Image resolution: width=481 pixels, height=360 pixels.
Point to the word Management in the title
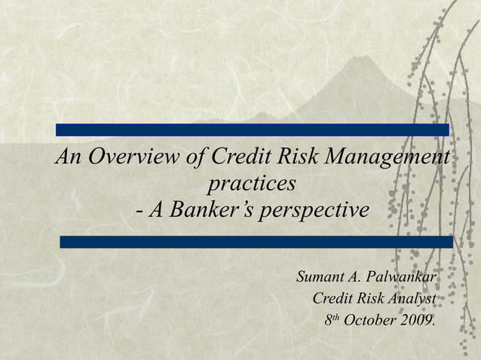[388, 157]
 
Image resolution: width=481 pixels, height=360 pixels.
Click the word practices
[252, 183]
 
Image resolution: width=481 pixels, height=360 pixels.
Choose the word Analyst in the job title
[410, 299]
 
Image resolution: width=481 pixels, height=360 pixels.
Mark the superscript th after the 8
[336, 316]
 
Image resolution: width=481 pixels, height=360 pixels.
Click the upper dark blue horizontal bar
[252, 130]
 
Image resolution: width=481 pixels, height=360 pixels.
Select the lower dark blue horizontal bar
[256, 242]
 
